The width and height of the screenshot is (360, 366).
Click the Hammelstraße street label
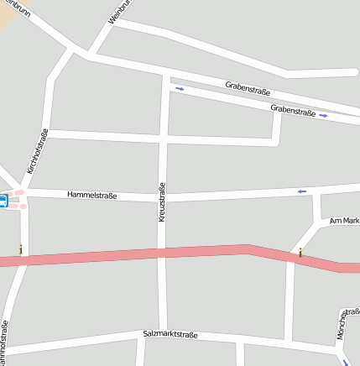pos(92,196)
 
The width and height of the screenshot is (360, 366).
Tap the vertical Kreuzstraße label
pos(161,202)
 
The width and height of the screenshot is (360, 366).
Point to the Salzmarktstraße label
pos(170,334)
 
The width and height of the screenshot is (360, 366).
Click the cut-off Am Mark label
pos(344,220)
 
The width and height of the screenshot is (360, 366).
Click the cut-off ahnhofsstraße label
pos(4,345)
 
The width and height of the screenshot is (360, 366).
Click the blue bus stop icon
pos(3,201)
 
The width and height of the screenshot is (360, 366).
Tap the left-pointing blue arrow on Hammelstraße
pos(302,191)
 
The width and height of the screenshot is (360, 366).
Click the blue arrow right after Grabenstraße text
pos(324,116)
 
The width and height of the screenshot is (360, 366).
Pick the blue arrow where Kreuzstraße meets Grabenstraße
pos(179,88)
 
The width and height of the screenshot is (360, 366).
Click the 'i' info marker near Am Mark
pos(300,252)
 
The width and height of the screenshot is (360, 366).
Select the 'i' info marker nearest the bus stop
pos(21,248)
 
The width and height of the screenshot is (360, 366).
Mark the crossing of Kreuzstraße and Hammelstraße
pos(163,197)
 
